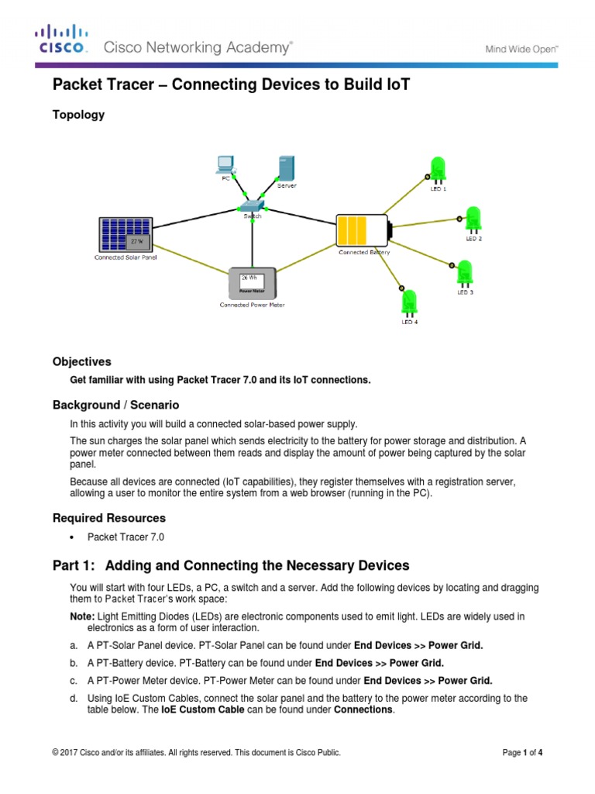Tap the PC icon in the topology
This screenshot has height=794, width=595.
(x=225, y=164)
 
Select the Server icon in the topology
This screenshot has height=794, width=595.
(x=285, y=169)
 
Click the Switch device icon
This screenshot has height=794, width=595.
(x=252, y=206)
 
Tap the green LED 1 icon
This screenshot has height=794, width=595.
(x=438, y=171)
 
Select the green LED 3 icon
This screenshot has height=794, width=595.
(x=465, y=274)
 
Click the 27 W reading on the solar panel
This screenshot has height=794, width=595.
(x=137, y=241)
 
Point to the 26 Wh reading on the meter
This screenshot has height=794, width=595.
(x=249, y=277)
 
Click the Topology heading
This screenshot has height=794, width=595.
(x=78, y=115)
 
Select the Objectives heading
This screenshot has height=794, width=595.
(x=81, y=361)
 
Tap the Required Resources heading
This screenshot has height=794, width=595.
(x=108, y=517)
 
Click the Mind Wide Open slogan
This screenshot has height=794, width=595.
(x=521, y=48)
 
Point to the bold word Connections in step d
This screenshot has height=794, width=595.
(x=363, y=709)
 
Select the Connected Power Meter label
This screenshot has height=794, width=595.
(x=252, y=305)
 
